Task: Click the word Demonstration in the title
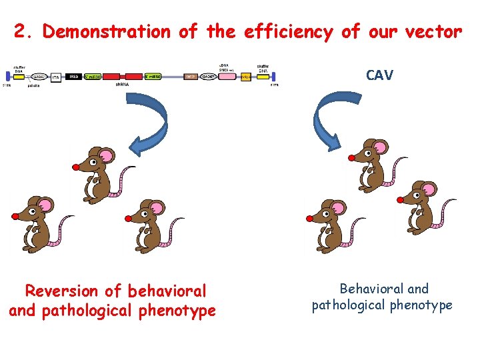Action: pos(107,31)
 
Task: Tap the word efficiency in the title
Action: pos(289,31)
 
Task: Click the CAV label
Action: pos(379,75)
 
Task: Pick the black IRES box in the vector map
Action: pos(73,77)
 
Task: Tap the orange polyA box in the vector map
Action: pos(246,77)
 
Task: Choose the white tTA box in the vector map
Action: pos(57,77)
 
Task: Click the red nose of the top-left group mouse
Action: pos(76,166)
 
